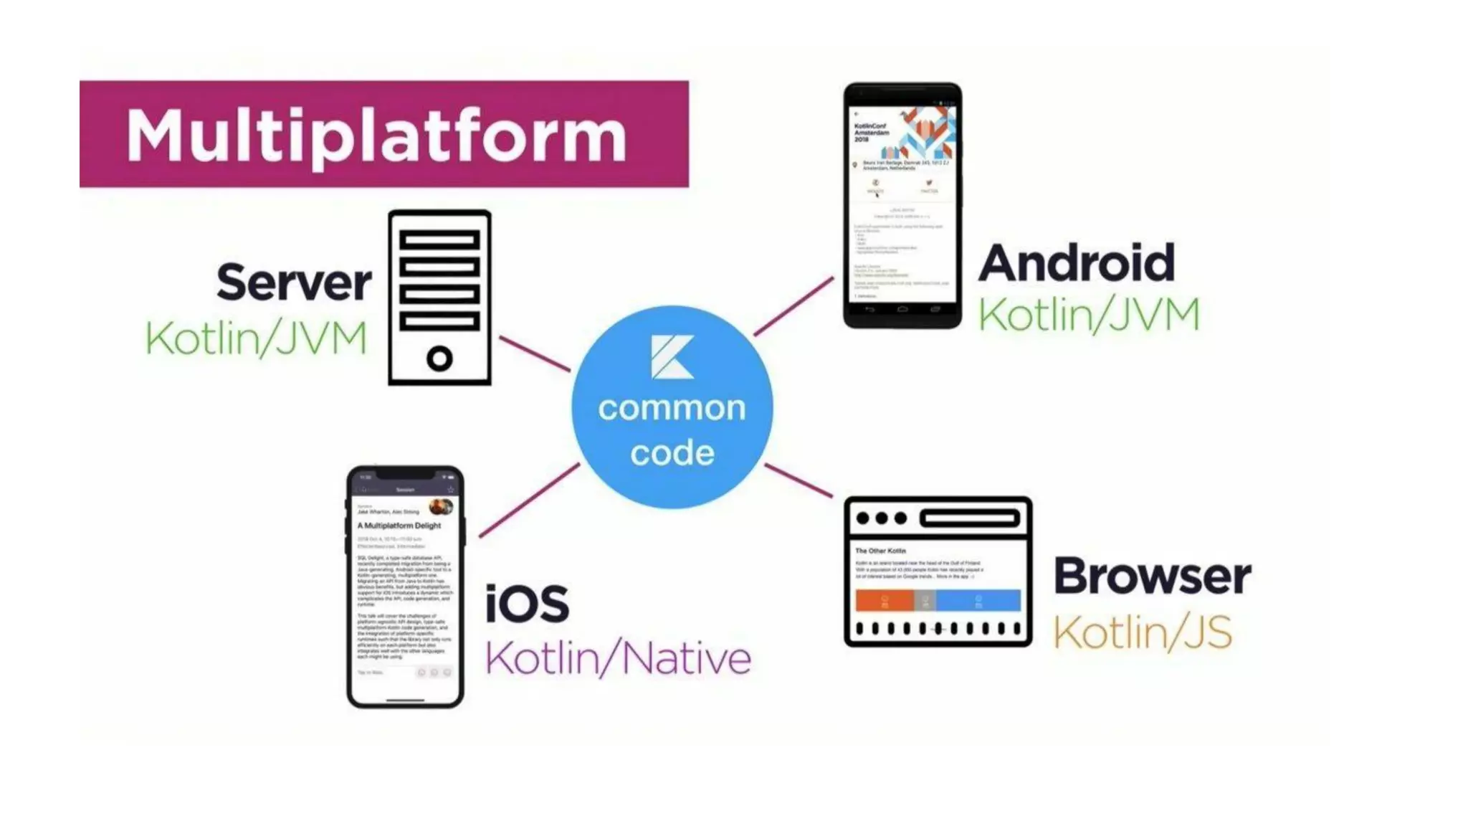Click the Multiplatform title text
tap(376, 136)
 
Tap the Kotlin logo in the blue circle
tap(672, 356)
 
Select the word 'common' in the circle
tap(672, 409)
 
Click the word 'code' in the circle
tap(672, 453)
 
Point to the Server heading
tap(294, 283)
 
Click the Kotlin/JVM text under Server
tap(256, 338)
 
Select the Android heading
tap(1077, 263)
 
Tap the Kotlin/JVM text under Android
tap(1089, 315)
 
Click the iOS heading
tap(527, 604)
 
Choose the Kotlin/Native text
tap(618, 658)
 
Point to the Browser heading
tap(1152, 576)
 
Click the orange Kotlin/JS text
tap(1142, 632)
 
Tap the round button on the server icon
tap(439, 358)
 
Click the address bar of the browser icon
tap(970, 518)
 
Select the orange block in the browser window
tap(884, 600)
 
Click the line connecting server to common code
tap(534, 353)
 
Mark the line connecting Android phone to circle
tap(793, 307)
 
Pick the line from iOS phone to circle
tap(529, 500)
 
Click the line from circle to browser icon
tap(799, 480)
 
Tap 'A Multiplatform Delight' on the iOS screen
tap(399, 526)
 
